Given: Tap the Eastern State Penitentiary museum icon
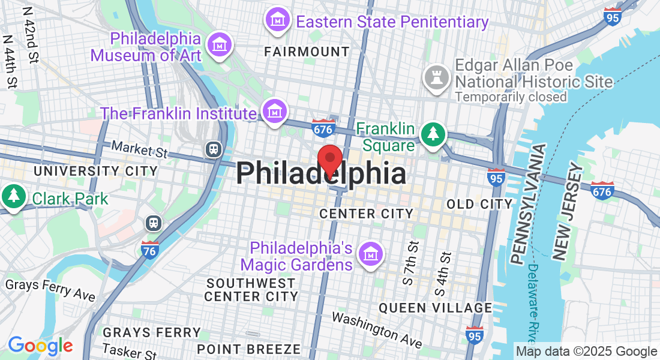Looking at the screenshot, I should [x=278, y=20].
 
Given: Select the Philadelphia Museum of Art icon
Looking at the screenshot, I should [x=220, y=44].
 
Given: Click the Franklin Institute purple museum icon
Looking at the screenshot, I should [x=275, y=112].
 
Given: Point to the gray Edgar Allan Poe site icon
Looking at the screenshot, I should [x=436, y=77].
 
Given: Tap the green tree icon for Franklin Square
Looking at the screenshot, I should [x=433, y=134].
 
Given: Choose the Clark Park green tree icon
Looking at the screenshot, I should [x=13, y=196].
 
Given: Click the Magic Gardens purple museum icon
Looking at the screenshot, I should [x=371, y=254].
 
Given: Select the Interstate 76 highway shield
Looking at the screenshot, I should [x=150, y=248].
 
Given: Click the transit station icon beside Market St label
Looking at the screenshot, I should [x=214, y=149].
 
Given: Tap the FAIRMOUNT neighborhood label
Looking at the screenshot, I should [x=307, y=52].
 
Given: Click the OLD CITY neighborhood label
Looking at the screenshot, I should [x=479, y=204].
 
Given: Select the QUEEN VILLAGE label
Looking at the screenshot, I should [x=435, y=308].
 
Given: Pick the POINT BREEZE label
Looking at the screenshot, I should [x=249, y=349].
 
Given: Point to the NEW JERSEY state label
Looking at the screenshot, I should [x=567, y=215].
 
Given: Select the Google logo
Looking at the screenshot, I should [x=40, y=346].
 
